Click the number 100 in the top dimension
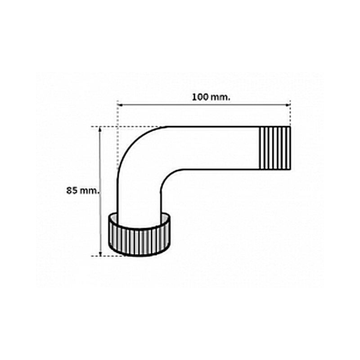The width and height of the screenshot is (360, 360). tap(200, 97)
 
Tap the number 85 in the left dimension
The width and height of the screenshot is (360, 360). tap(72, 190)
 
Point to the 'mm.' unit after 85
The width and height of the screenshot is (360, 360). tap(90, 191)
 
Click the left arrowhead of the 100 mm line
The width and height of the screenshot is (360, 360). tap(119, 105)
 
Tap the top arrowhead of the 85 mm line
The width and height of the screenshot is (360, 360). tap(100, 129)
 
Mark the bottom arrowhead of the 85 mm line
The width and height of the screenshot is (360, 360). tap(100, 253)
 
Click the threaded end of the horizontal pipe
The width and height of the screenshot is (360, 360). tap(275, 148)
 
